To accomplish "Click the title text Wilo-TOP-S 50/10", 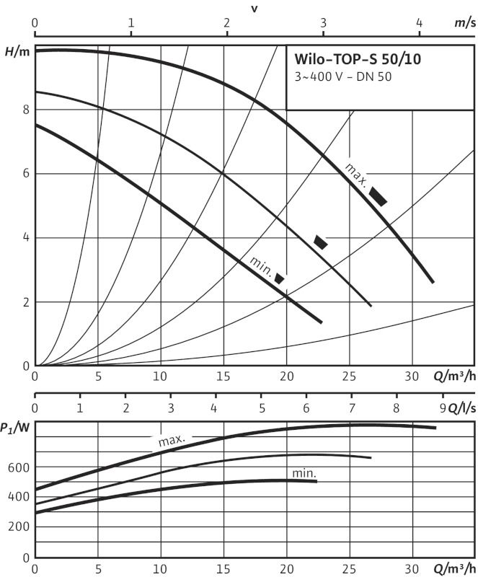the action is [358, 59].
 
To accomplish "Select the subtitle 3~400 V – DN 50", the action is [343, 77].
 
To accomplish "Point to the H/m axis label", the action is [17, 52].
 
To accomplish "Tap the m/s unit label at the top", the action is [465, 23].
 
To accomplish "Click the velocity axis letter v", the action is [255, 9].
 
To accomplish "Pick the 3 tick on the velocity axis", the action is [323, 23].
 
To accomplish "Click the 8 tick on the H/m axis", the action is [26, 110].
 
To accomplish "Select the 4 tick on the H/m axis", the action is [26, 237].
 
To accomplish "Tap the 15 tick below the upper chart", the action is [223, 376].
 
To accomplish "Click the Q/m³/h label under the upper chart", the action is [454, 376].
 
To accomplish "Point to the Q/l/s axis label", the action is [462, 408].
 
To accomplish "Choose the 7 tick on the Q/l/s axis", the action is [352, 408].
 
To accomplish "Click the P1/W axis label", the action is [15, 428].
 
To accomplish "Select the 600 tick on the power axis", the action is [19, 467].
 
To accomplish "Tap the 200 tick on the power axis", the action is [19, 527].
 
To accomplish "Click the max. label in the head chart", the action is [356, 175].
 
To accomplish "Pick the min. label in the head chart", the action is [261, 266].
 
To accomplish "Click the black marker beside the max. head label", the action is [378, 196].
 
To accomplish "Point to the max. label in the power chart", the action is [172, 440].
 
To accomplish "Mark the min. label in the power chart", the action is [304, 473].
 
